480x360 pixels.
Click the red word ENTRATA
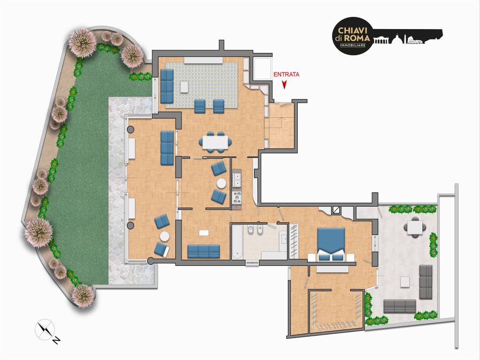pyautogui.click(x=286, y=74)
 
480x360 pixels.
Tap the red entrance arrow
pyautogui.click(x=285, y=85)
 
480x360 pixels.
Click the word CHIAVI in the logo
pyautogui.click(x=352, y=31)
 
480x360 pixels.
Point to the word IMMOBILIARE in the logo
pyautogui.click(x=352, y=45)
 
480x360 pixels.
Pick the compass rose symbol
pyautogui.click(x=45, y=330)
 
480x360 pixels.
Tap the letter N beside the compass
pyautogui.click(x=56, y=340)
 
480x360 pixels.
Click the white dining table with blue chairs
pyautogui.click(x=215, y=142)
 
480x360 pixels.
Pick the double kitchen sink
pyautogui.click(x=236, y=180)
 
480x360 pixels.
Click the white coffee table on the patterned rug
pyautogui.click(x=185, y=86)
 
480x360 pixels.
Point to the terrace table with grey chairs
pyautogui.click(x=415, y=227)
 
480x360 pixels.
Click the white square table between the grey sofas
pyautogui.click(x=405, y=282)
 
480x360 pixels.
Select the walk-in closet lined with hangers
pyautogui.click(x=336, y=312)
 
